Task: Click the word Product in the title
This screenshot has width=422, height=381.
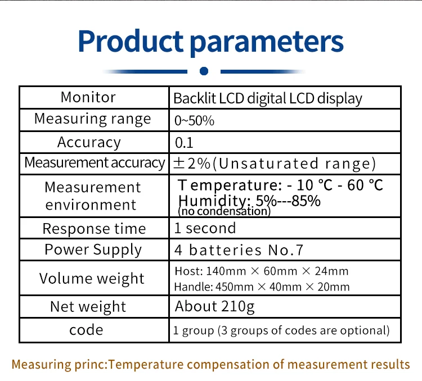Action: coord(131,42)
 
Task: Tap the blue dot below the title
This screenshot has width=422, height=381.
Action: coord(204,71)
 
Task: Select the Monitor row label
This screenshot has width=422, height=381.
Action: coord(88,97)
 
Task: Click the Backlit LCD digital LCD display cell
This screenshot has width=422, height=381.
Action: coord(267,99)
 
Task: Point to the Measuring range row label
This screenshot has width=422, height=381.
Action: coord(93,119)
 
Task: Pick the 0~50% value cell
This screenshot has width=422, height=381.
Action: coord(194,120)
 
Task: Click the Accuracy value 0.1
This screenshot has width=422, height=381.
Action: coord(184,143)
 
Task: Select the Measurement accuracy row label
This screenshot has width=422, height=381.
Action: coord(94,163)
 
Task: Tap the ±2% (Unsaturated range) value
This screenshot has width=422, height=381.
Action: coord(275,164)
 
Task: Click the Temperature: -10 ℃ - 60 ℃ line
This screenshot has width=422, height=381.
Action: coord(280,185)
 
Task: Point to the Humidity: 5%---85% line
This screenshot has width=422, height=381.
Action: coord(249,201)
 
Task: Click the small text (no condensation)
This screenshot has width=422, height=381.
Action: coord(224,212)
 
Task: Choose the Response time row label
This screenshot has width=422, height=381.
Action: coord(94,229)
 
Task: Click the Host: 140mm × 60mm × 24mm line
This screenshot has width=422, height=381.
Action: coord(262,271)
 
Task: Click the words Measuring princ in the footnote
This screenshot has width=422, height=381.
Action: coord(58,364)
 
